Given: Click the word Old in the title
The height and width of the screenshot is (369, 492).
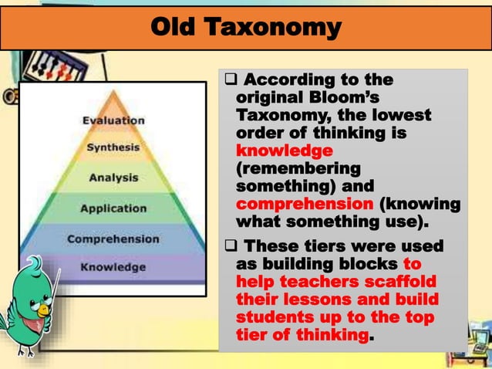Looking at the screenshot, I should pos(174,28).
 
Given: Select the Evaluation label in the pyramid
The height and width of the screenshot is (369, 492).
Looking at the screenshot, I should pos(113,120).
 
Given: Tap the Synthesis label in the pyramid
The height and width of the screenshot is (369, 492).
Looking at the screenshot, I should pos(113,147).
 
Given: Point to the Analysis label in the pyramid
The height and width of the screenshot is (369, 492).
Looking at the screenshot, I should pos(113,177).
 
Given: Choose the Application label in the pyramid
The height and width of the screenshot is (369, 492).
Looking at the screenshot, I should pos(113,208).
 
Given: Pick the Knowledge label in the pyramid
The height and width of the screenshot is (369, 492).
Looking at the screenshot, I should pos(113,267).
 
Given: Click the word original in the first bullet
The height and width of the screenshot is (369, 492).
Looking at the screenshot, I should pos(269,99).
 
